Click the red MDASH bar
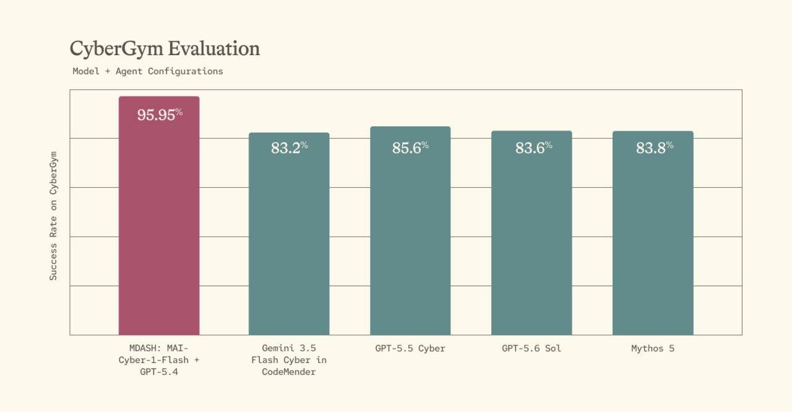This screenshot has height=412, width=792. pos(159,216)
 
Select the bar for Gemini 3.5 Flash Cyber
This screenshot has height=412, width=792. pos(289,234)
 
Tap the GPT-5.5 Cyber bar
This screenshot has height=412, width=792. pos(410,230)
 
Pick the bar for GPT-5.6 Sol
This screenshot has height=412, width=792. pos(532,232)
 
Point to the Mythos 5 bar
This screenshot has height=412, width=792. pos(653,233)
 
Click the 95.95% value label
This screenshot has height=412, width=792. pos(160,115)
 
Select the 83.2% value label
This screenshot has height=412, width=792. pos(289,147)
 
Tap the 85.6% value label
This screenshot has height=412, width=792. pos(410,147)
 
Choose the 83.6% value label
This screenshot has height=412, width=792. pos(533,147)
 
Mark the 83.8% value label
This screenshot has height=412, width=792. pos(655,147)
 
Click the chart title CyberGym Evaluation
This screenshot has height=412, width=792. pos(165,49)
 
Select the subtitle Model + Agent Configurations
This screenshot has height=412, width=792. pos(148,71)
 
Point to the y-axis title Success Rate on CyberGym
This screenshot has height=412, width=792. pos(53,216)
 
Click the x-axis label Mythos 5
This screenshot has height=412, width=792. pos(653,348)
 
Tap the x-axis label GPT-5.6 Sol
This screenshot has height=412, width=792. pos(532,348)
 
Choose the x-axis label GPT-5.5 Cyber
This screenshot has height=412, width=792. pos(410,348)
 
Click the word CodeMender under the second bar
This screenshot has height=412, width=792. pos(289,372)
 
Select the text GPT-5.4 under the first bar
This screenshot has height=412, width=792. pos(159,372)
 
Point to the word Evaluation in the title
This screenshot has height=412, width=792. pos(213,48)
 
